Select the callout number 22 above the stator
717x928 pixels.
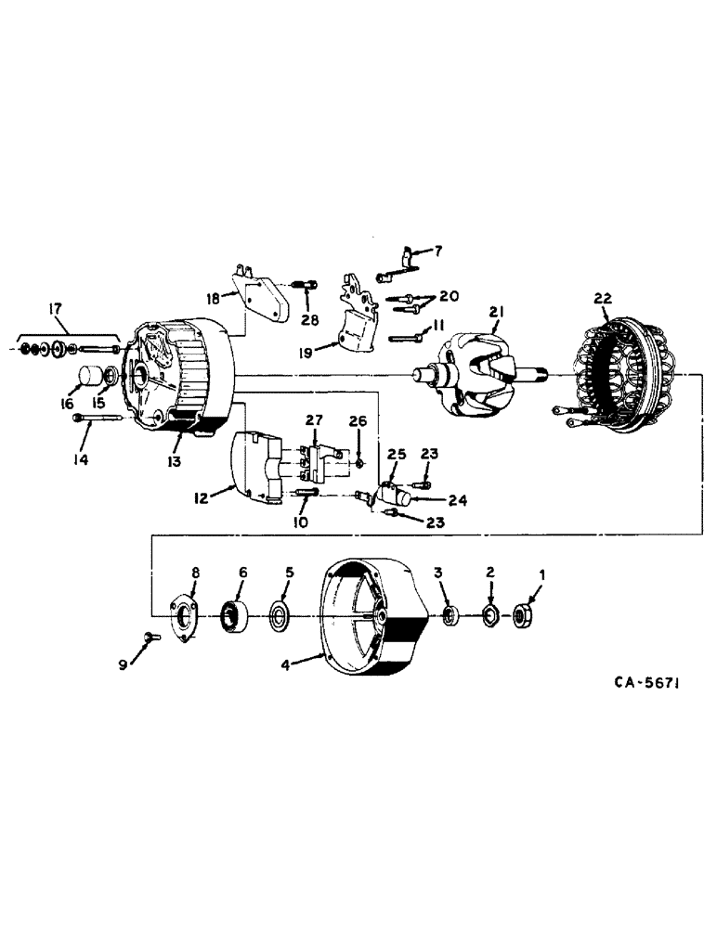point(604,299)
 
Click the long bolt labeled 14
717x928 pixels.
point(98,419)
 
